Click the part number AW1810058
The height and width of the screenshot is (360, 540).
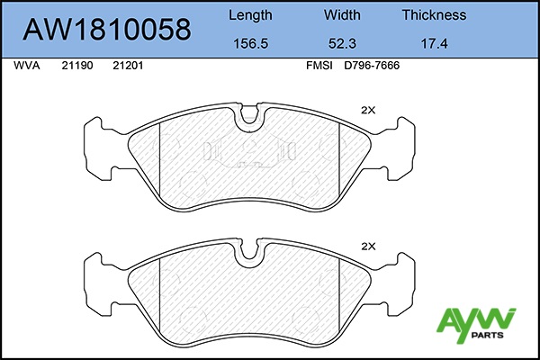(107, 30)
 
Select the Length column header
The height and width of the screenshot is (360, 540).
(250, 15)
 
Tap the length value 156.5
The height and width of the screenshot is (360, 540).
(251, 44)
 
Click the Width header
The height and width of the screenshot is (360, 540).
(342, 14)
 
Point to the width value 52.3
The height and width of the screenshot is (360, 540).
(342, 44)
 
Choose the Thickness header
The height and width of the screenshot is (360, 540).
(435, 14)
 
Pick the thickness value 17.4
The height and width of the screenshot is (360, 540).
(435, 44)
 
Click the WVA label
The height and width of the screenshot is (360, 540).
(26, 66)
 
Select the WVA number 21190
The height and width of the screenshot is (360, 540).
(77, 66)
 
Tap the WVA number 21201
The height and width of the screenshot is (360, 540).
(128, 66)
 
